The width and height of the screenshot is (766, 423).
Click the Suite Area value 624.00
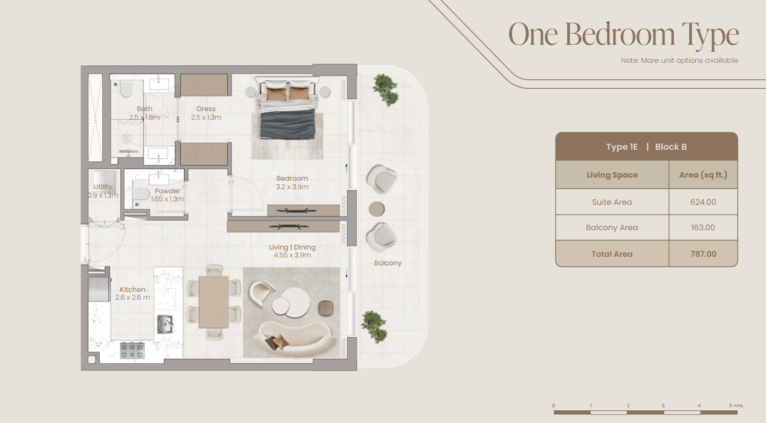click(x=703, y=202)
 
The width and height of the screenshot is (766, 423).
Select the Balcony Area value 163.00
click(x=703, y=228)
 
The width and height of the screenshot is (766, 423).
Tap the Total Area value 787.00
click(x=703, y=254)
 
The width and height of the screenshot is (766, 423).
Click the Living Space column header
click(x=612, y=175)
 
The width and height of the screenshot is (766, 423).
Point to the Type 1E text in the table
click(x=622, y=147)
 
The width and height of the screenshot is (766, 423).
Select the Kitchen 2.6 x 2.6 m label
click(x=132, y=294)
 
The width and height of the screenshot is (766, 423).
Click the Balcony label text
click(x=388, y=263)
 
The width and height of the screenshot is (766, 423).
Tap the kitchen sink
click(x=165, y=324)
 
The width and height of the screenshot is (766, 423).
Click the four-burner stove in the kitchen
click(x=132, y=350)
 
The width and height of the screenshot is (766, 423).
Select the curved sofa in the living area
click(x=294, y=338)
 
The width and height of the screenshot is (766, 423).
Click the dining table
click(x=214, y=302)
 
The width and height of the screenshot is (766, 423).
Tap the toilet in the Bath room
click(x=126, y=88)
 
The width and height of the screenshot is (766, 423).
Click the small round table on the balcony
click(x=377, y=209)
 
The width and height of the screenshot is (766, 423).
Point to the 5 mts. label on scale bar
click(x=736, y=405)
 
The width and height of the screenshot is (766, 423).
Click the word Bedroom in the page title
click(x=620, y=34)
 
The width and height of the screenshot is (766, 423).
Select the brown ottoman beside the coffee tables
click(x=325, y=308)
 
